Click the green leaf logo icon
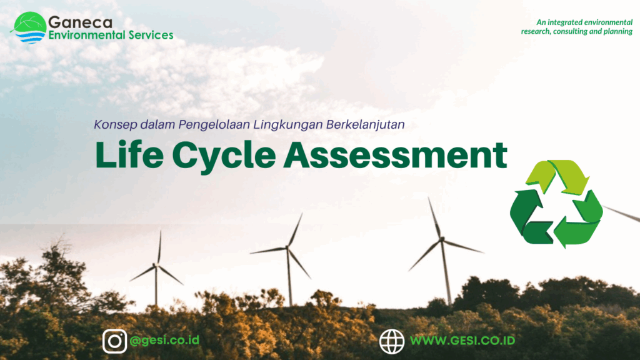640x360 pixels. tap(29, 27)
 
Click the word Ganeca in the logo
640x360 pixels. tap(80, 22)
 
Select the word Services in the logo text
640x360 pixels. tap(151, 35)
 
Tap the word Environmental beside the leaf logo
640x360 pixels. tap(87, 35)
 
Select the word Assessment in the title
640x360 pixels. tap(396, 155)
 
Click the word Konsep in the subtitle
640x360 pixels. tap(116, 124)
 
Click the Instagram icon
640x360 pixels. tap(115, 341)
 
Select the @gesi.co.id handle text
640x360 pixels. tap(164, 340)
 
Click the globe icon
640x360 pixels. tap(392, 341)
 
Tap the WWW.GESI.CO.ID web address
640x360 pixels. tap(462, 341)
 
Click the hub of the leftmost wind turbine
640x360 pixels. tap(156, 266)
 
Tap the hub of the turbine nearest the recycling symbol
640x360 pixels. tap(441, 239)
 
